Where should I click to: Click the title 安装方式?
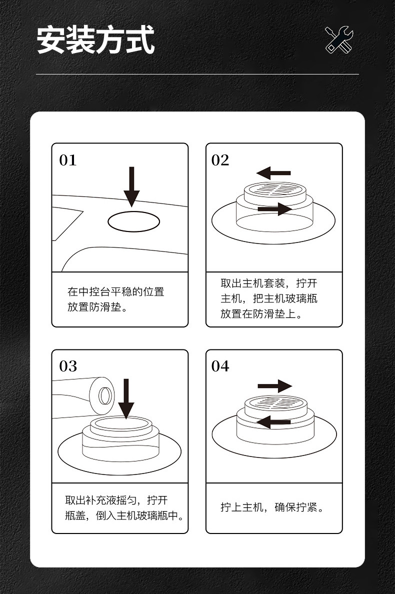[95, 40]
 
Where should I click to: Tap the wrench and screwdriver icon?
[339, 39]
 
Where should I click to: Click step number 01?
[68, 160]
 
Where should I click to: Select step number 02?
[220, 160]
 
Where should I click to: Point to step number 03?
[68, 366]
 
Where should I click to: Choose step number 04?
[220, 366]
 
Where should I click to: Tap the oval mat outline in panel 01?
[133, 221]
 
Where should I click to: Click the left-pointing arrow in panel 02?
[273, 173]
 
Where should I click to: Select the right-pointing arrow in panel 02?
[274, 208]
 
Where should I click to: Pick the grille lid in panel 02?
[273, 190]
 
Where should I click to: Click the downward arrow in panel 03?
[126, 398]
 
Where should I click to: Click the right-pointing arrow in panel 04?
[274, 386]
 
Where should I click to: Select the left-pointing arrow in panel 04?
[273, 421]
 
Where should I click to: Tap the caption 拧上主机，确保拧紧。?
[272, 507]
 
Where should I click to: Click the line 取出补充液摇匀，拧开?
[116, 500]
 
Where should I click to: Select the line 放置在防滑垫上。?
[261, 314]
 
